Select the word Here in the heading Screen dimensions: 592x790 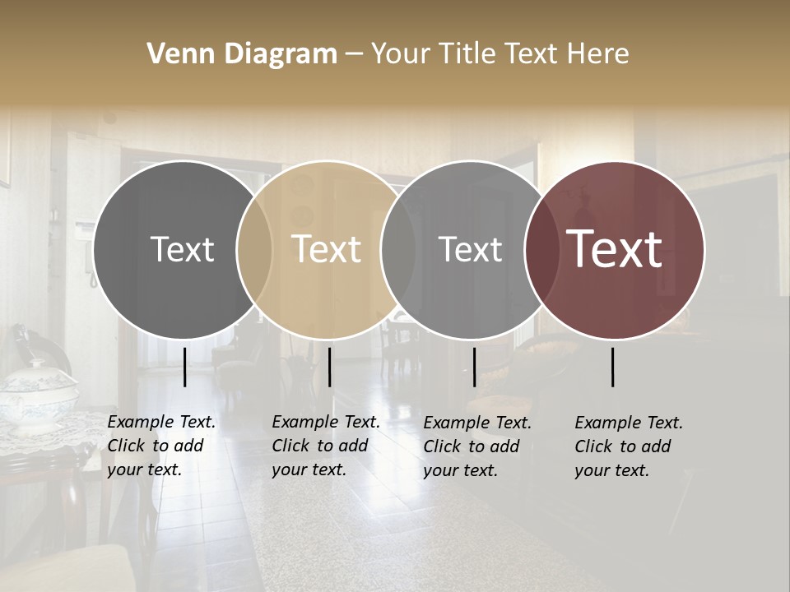pos(598,54)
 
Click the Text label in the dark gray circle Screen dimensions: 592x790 pos(182,249)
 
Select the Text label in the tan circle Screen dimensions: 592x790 pos(326,249)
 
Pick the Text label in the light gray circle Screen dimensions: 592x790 pos(470,249)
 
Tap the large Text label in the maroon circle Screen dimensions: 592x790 pos(614,249)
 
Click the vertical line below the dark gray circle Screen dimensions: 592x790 pos(185,367)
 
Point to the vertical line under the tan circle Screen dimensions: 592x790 pos(329,367)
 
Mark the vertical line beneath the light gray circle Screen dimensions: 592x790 pos(474,367)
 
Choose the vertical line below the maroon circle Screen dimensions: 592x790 pos(613,367)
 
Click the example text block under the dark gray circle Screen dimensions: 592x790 pos(160,446)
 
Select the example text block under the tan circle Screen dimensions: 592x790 pos(325,446)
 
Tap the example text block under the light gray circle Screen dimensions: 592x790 pos(476,446)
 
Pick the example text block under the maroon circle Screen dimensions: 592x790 pos(628,446)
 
